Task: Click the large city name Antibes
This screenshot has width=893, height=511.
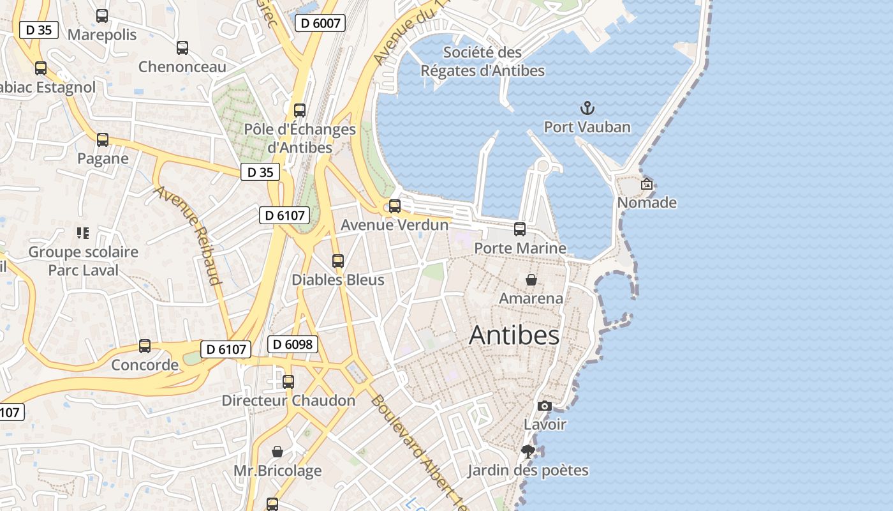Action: tap(514, 335)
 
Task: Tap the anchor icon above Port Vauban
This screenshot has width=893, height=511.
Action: tap(587, 108)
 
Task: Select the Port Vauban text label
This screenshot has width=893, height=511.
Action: tap(587, 127)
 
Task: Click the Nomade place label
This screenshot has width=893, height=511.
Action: tap(647, 203)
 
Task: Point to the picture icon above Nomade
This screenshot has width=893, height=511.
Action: tap(647, 184)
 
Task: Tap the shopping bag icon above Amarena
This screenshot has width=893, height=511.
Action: tap(531, 280)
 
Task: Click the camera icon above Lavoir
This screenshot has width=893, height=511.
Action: tap(545, 406)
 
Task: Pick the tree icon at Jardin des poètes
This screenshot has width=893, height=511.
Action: tap(528, 452)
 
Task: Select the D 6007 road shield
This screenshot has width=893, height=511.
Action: tap(320, 24)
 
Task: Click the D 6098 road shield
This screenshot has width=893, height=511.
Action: tap(292, 345)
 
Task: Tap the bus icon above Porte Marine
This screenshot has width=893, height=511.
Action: tap(520, 229)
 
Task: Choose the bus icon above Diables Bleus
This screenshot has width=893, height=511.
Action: tap(338, 261)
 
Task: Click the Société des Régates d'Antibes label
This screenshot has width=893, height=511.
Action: tap(482, 61)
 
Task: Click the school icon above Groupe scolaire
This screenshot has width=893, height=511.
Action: tap(83, 233)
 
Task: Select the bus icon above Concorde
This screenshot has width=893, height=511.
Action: tap(145, 346)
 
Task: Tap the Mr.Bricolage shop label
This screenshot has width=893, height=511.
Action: tap(277, 471)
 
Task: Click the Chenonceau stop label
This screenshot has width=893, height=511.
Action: tap(182, 67)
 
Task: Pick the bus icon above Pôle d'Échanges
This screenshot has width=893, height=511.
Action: tap(300, 110)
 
